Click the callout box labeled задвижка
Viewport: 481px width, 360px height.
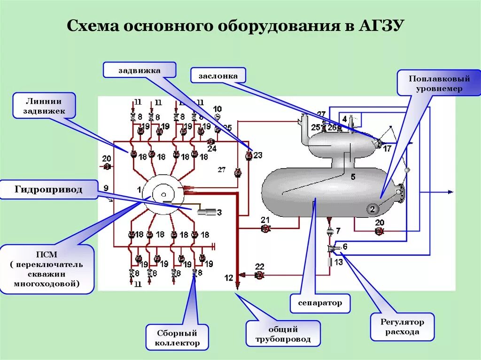[x=140, y=70]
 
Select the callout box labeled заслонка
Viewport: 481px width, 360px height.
[x=218, y=75]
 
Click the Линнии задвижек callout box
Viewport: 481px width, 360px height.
[x=44, y=106]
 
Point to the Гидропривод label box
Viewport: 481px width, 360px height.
[x=48, y=190]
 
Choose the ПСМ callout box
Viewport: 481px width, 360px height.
[x=47, y=269]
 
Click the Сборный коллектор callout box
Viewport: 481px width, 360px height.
[x=177, y=337]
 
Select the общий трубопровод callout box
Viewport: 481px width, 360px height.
[x=283, y=334]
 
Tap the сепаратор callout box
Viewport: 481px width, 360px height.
[x=320, y=303]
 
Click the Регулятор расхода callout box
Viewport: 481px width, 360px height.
[x=402, y=327]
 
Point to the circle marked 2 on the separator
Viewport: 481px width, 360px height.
[x=372, y=209]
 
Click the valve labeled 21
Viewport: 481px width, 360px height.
[x=265, y=229]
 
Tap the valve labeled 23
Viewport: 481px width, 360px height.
[x=249, y=155]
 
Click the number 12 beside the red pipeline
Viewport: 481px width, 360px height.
[x=229, y=278]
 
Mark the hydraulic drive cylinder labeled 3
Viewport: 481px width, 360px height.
[x=206, y=213]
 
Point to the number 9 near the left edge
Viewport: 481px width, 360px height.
[x=106, y=188]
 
